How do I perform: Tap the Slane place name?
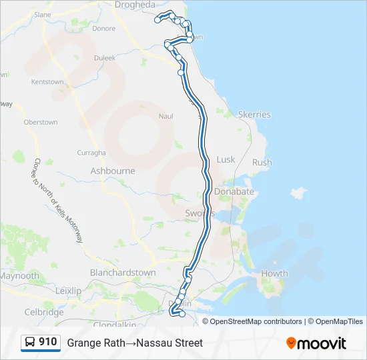(x=42, y=14)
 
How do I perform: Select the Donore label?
(x=103, y=29)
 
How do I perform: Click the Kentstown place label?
(x=47, y=82)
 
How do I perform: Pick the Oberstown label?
(x=41, y=123)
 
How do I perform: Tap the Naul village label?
(x=165, y=117)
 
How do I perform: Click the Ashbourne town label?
(x=113, y=171)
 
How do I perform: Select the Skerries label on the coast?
(x=254, y=115)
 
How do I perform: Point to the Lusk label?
(x=226, y=160)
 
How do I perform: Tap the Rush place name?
(x=262, y=162)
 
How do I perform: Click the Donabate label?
(x=234, y=191)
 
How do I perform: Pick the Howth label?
(x=274, y=273)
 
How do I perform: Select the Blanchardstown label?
(x=123, y=273)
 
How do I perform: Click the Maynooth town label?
(x=19, y=276)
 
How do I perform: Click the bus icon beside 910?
(x=30, y=343)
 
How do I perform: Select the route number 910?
(x=48, y=342)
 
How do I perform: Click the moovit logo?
(x=316, y=343)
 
